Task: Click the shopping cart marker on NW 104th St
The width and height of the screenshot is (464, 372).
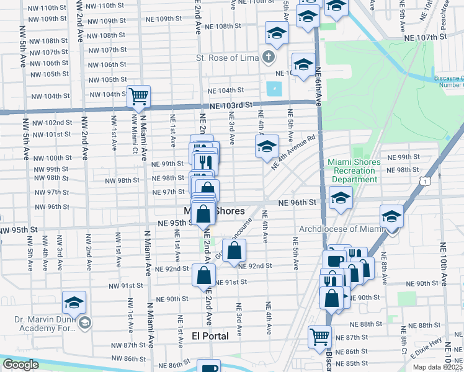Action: pyautogui.click(x=140, y=96)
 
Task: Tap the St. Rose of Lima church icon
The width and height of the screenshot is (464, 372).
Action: pyautogui.click(x=268, y=58)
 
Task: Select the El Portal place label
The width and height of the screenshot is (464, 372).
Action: pyautogui.click(x=210, y=335)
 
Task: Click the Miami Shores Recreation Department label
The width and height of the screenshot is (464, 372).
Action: pyautogui.click(x=352, y=170)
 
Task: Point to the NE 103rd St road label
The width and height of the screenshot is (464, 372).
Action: pyautogui.click(x=231, y=105)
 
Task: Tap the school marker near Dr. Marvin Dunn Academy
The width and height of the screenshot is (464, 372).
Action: pyautogui.click(x=74, y=303)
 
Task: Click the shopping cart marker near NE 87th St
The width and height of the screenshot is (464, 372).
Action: pyautogui.click(x=320, y=337)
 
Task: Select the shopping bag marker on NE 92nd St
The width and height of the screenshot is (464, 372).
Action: pyautogui.click(x=234, y=251)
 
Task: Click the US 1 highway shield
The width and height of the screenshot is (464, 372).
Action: pyautogui.click(x=424, y=180)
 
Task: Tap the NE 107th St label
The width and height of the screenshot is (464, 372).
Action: pyautogui.click(x=425, y=37)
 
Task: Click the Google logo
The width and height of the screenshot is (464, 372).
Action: pyautogui.click(x=20, y=365)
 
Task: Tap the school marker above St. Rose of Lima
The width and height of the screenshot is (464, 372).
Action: pyautogui.click(x=277, y=33)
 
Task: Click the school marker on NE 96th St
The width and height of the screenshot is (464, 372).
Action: pyautogui.click(x=340, y=198)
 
